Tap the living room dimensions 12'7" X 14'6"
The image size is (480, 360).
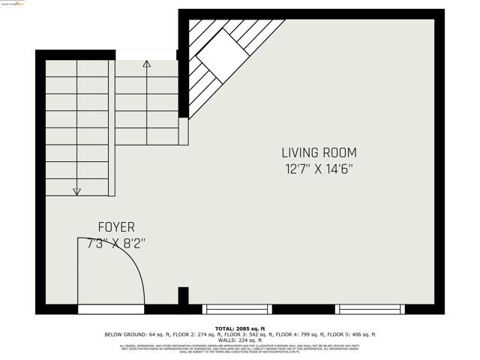coord(318,169)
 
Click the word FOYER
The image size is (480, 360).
coord(116,226)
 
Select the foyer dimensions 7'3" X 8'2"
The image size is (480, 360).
coord(116,243)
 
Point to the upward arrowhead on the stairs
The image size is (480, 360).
coord(146,64)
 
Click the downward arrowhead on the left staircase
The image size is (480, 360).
coord(76,192)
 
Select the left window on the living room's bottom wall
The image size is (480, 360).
coord(237,309)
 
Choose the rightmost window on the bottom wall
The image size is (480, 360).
coord(370,309)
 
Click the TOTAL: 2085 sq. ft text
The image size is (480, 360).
coord(240,328)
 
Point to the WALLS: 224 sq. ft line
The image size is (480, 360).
coord(240,340)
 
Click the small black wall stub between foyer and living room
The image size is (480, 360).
coord(183,295)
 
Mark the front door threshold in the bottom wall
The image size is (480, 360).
coord(111,309)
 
